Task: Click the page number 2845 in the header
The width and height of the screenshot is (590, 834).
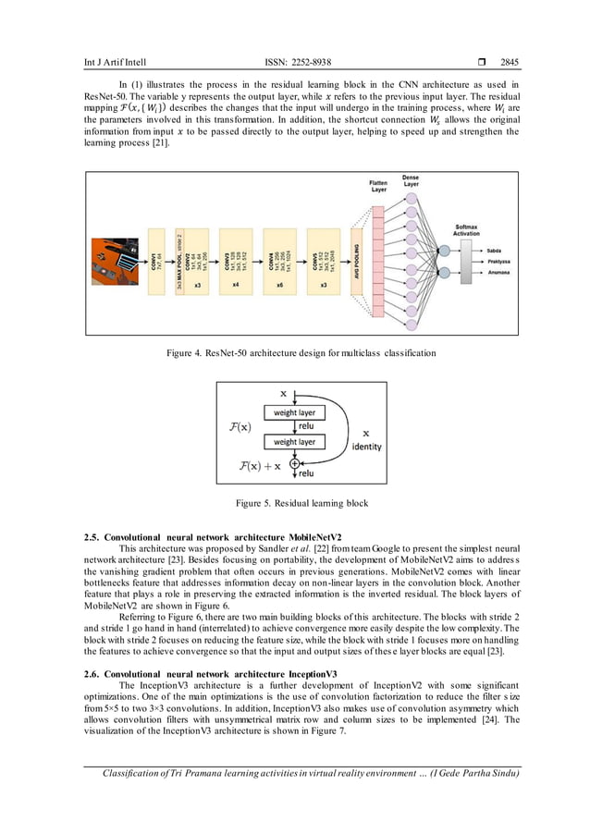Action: click(x=509, y=63)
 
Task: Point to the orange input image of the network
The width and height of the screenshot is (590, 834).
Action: click(x=113, y=260)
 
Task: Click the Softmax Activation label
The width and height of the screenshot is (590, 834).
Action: click(x=467, y=229)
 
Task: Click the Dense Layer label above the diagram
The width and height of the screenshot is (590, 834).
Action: click(x=410, y=181)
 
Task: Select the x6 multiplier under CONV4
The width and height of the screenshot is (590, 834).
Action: click(x=280, y=286)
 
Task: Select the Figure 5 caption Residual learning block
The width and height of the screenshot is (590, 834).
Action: click(x=294, y=504)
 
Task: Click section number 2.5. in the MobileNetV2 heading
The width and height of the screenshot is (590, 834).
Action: click(x=93, y=537)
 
